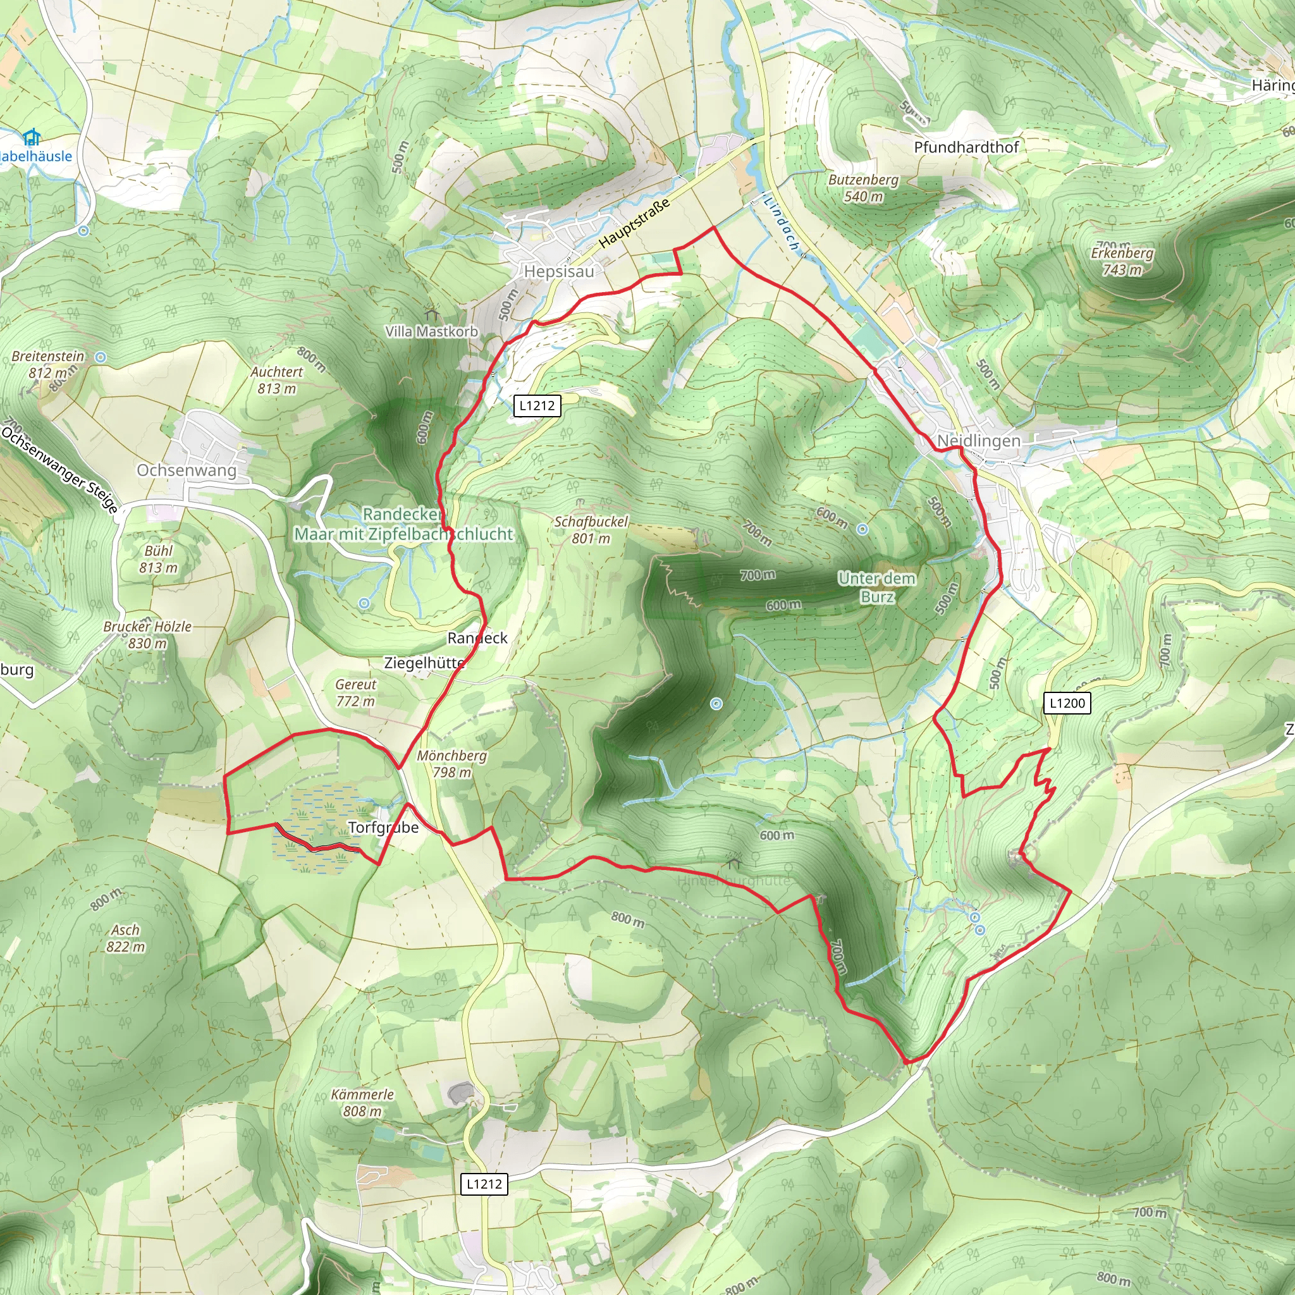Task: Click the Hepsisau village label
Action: tap(558, 271)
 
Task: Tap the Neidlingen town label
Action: tap(979, 440)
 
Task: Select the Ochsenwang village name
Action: tap(187, 470)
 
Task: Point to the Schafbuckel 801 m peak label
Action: tap(591, 529)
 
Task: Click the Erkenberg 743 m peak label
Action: tap(1122, 261)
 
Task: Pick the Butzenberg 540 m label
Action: tap(863, 188)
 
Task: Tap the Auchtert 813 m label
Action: tap(277, 380)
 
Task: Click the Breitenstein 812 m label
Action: tap(48, 364)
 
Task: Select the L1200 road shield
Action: tap(1067, 703)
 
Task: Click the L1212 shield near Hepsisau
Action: tap(537, 405)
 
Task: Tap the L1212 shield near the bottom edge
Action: tap(484, 1184)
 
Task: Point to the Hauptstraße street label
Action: tap(634, 223)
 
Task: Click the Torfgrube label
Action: tap(383, 827)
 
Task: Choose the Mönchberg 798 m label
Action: tap(451, 763)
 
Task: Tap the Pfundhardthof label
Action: tap(966, 147)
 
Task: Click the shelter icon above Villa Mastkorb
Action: tap(431, 314)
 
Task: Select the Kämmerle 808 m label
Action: tap(362, 1103)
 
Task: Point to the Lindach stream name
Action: tap(782, 223)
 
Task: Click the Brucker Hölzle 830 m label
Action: tap(147, 634)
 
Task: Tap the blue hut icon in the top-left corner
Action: tap(31, 138)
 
